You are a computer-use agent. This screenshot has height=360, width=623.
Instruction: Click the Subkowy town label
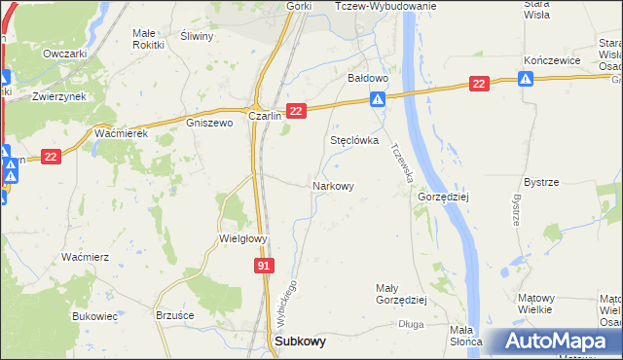tap(301, 342)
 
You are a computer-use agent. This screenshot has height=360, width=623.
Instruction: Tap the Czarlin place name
tap(265, 115)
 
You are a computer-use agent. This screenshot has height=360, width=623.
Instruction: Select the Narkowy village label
tap(332, 185)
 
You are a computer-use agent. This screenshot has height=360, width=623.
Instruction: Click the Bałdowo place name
tap(369, 77)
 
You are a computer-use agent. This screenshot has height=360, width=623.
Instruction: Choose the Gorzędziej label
tap(444, 196)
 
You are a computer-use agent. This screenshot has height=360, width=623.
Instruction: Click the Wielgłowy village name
tap(242, 238)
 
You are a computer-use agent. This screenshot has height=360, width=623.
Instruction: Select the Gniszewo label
tap(209, 124)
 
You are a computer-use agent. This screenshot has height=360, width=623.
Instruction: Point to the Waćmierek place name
tap(121, 133)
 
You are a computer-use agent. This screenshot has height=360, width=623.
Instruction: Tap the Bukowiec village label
tap(94, 316)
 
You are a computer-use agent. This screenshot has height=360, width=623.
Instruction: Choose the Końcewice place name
tap(552, 59)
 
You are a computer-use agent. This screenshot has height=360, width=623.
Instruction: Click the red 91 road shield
tap(265, 265)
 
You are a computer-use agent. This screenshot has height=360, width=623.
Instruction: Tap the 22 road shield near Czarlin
tap(297, 112)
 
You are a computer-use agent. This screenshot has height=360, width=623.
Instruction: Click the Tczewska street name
tap(402, 164)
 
